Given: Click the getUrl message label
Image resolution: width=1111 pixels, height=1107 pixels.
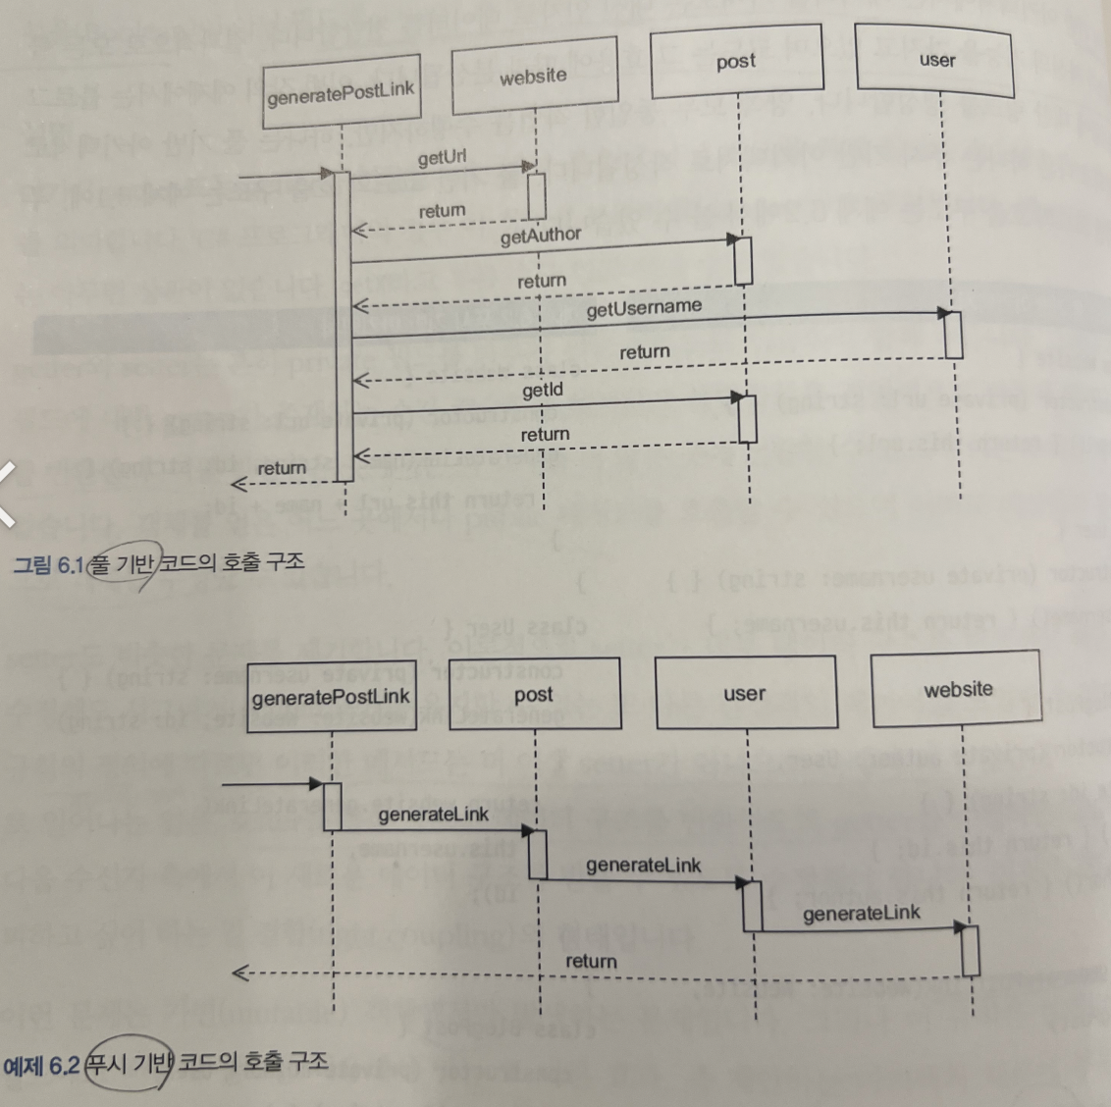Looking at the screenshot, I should pyautogui.click(x=442, y=158).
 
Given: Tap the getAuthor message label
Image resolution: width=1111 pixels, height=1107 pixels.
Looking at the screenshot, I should pyautogui.click(x=541, y=236).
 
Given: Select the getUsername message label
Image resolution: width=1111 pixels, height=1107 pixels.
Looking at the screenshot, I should pyautogui.click(x=644, y=308).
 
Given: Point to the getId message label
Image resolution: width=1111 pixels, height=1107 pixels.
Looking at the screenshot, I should pyautogui.click(x=542, y=390).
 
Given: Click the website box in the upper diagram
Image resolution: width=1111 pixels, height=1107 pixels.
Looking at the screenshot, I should pyautogui.click(x=534, y=77).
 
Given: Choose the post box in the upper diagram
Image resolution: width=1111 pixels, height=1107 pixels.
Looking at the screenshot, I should pyautogui.click(x=736, y=62).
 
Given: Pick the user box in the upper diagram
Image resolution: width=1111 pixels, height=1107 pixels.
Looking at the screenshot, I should pyautogui.click(x=936, y=60).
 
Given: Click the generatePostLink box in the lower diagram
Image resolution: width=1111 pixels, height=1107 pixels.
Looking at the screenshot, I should pyautogui.click(x=331, y=698).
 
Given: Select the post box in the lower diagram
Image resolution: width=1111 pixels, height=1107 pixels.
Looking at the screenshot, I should pyautogui.click(x=534, y=694).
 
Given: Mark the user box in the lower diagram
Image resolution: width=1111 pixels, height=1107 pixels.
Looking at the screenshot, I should pyautogui.click(x=745, y=693).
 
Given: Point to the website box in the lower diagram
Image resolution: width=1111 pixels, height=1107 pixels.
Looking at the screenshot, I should pyautogui.click(x=957, y=689).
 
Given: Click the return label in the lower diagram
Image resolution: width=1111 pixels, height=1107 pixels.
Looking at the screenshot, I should pyautogui.click(x=591, y=961).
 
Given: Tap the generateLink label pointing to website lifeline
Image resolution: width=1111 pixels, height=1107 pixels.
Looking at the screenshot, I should pyautogui.click(x=861, y=914).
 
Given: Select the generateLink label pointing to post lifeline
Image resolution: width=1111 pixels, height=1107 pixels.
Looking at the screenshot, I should pyautogui.click(x=433, y=814).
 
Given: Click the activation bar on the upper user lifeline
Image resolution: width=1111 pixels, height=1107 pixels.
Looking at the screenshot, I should pyautogui.click(x=952, y=334).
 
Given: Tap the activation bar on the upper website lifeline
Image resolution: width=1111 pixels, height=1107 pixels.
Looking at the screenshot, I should pyautogui.click(x=536, y=195).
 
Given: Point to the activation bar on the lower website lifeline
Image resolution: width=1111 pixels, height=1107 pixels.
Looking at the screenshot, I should pyautogui.click(x=970, y=950).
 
